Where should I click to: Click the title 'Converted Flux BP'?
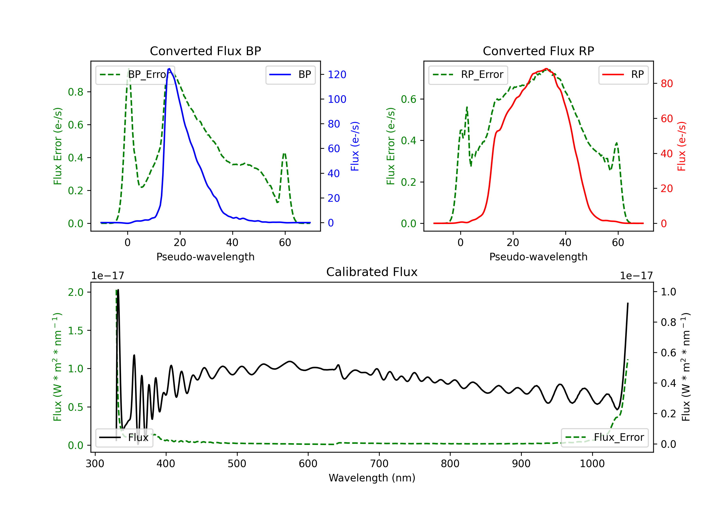[205, 51]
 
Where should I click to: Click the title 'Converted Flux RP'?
[538, 51]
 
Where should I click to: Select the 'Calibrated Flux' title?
[372, 272]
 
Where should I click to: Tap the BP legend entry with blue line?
[290, 75]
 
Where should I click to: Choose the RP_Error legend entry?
[468, 75]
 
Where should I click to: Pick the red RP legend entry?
[623, 75]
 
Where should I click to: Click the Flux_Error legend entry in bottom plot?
[605, 438]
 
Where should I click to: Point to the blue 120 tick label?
[337, 75]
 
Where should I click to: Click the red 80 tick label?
[667, 84]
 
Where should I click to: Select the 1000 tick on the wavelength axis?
[592, 464]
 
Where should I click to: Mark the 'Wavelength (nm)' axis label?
[372, 478]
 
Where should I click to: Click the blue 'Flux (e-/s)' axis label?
[355, 146]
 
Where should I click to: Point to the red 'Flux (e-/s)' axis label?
[682, 146]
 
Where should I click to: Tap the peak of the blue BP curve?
[169, 69]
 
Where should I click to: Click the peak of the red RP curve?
[546, 69]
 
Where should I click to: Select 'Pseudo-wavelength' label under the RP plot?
[538, 257]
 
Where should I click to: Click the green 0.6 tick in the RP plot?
[408, 99]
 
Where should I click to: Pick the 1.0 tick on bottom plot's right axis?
[668, 292]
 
